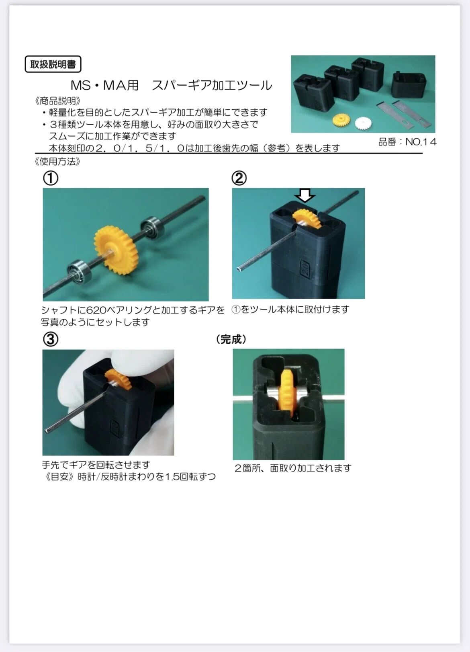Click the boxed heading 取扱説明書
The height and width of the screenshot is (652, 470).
[x=53, y=64]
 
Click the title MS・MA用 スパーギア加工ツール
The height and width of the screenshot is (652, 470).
[x=171, y=86]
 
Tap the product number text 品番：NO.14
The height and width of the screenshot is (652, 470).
[x=407, y=142]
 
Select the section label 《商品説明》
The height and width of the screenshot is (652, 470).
[x=57, y=101]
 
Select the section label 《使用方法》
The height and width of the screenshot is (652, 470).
[x=57, y=162]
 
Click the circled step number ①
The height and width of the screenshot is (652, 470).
[x=51, y=178]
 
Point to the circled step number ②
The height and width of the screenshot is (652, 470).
[x=239, y=178]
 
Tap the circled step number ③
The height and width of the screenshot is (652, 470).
[x=51, y=339]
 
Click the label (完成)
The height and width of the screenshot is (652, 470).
[x=231, y=339]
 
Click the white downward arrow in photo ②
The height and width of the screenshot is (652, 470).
[x=304, y=195]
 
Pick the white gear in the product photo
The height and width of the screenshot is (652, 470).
[x=364, y=123]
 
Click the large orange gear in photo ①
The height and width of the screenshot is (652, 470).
[x=116, y=247]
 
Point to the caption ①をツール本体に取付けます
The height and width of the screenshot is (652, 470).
[x=290, y=310]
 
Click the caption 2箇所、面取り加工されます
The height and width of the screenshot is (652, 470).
[x=293, y=468]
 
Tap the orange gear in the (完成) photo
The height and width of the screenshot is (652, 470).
[x=288, y=394]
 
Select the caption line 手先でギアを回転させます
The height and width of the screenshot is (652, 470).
[x=96, y=465]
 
